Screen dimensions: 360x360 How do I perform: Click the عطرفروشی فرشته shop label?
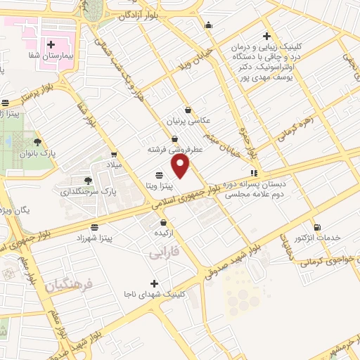coord(174,150)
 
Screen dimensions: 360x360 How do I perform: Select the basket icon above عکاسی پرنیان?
coord(188,110)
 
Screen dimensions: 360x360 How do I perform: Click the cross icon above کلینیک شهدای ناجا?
coord(155,283)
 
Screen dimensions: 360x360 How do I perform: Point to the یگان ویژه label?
coord(15,210)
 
